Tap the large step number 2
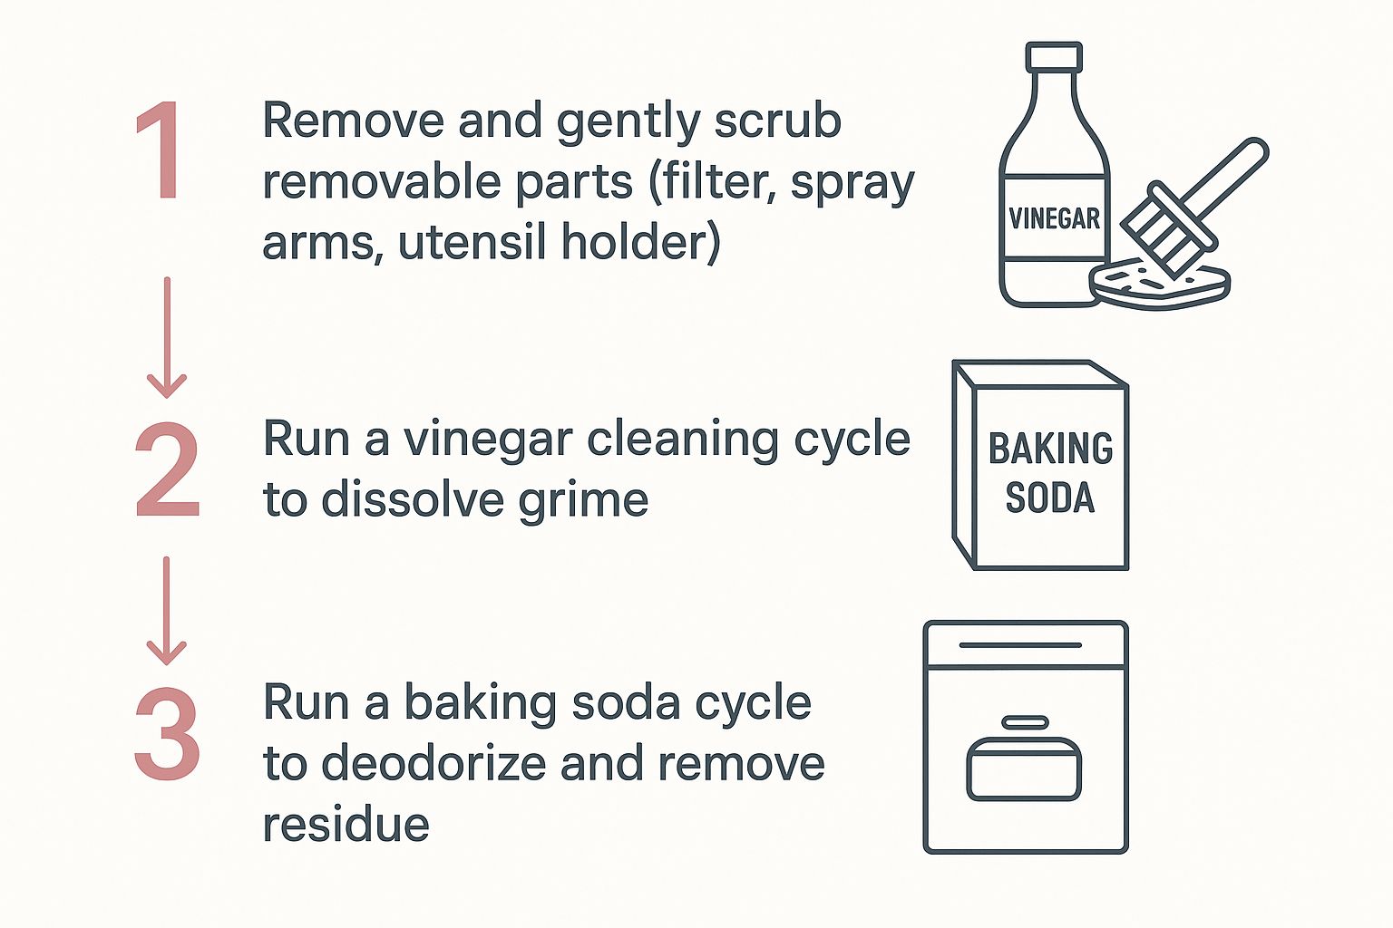pyautogui.click(x=168, y=469)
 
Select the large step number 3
pyautogui.click(x=168, y=734)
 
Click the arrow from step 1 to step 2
pyautogui.click(x=167, y=338)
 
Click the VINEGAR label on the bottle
pyautogui.click(x=1054, y=218)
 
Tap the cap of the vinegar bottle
pyautogui.click(x=1054, y=57)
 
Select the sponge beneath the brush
pyautogui.click(x=1161, y=285)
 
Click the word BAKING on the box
pyautogui.click(x=1050, y=449)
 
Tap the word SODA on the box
pyautogui.click(x=1050, y=498)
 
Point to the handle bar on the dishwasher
pyautogui.click(x=1020, y=645)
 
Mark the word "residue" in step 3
pyautogui.click(x=346, y=825)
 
